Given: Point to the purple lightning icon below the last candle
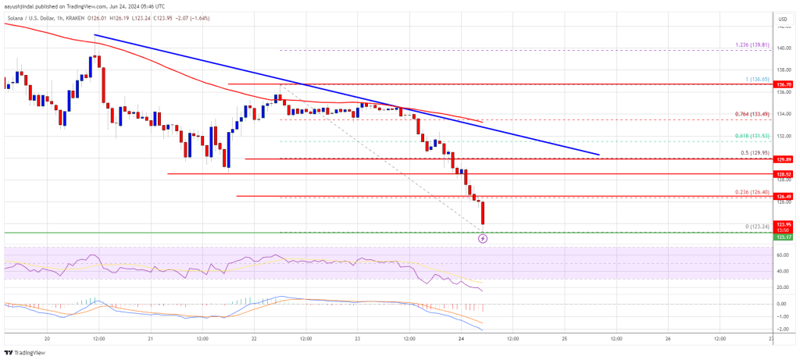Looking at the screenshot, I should pyautogui.click(x=483, y=238).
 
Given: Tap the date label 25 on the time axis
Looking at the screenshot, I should pyautogui.click(x=563, y=339).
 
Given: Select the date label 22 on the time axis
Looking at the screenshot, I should pyautogui.click(x=254, y=339).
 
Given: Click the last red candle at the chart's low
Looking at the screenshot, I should pyautogui.click(x=483, y=212).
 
